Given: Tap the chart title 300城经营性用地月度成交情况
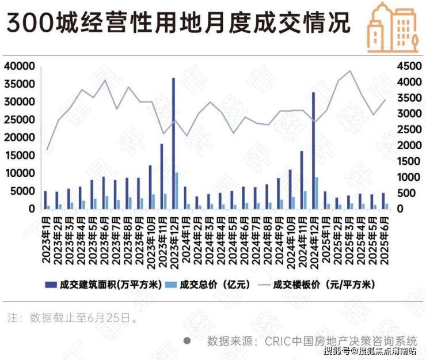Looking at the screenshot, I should pyautogui.click(x=178, y=24).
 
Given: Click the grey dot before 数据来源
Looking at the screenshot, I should pyautogui.click(x=187, y=340).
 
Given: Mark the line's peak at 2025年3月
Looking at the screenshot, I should pyautogui.click(x=349, y=71).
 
